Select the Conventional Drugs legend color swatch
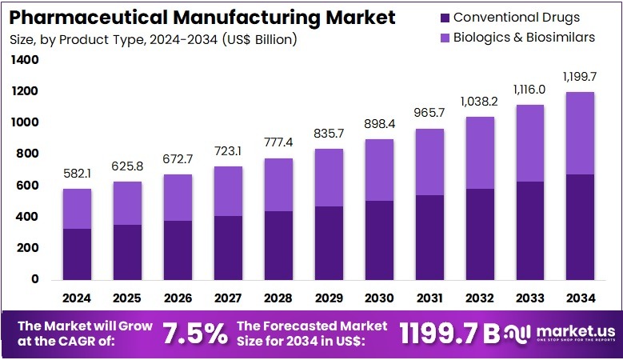[x=444, y=17]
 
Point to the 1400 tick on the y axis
[x=25, y=60]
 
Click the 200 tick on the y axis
[x=28, y=248]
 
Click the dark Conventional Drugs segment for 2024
[x=77, y=254]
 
